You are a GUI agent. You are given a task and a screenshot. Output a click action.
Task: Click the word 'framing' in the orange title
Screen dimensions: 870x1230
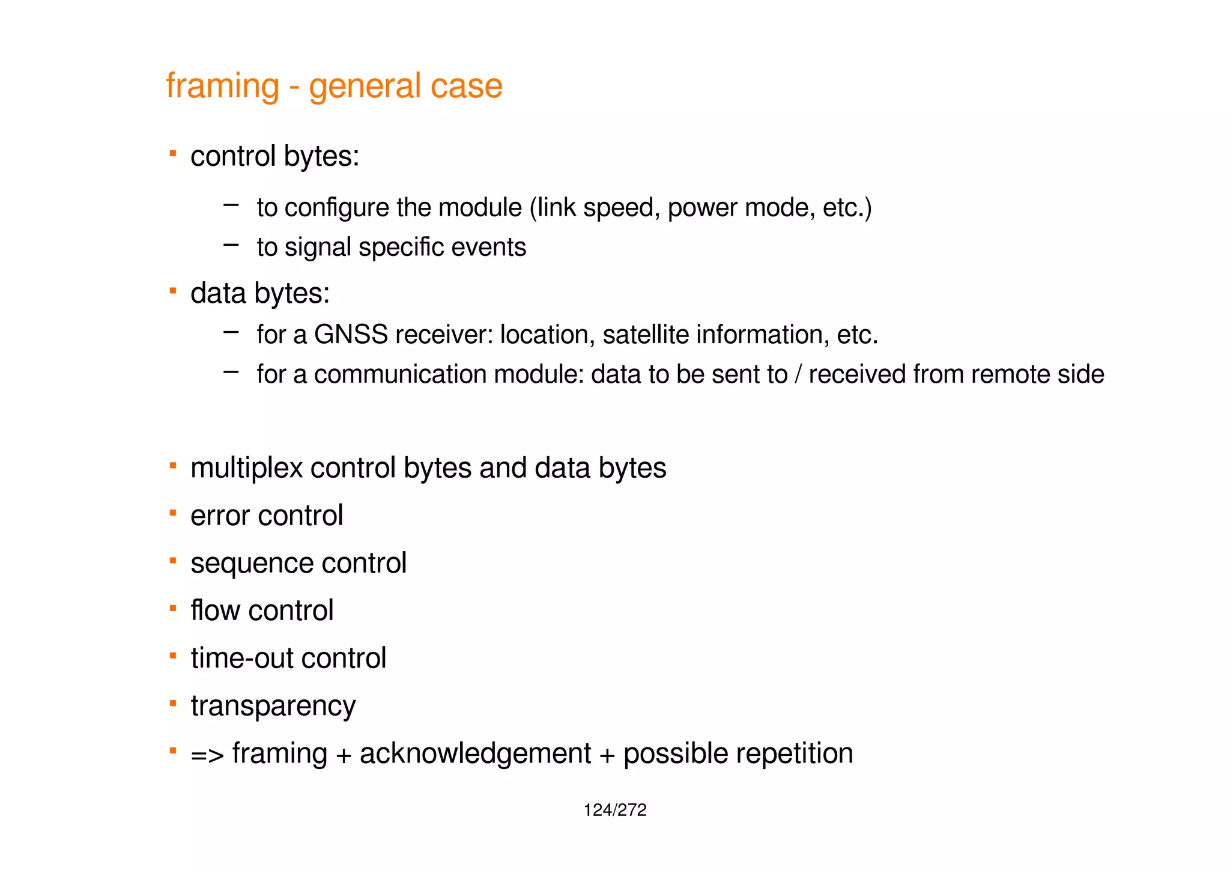222,86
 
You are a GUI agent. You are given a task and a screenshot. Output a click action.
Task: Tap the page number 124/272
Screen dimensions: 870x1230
614,810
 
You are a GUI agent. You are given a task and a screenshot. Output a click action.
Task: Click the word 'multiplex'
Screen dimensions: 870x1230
246,468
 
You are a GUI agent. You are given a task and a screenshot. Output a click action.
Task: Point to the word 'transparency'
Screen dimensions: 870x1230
273,706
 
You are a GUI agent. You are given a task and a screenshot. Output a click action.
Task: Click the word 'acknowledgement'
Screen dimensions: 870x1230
475,753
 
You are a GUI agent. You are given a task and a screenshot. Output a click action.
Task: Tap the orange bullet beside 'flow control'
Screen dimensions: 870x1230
173,608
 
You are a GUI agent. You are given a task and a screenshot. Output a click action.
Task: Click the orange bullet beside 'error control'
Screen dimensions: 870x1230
173,513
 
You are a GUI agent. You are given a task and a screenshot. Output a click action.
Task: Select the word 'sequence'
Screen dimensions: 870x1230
252,564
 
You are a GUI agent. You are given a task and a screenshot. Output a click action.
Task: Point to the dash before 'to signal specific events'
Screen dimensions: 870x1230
231,245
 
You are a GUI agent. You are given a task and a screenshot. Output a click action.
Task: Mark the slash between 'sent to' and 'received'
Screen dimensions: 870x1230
798,374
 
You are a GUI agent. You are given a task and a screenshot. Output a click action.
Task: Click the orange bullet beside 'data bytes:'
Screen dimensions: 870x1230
173,291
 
